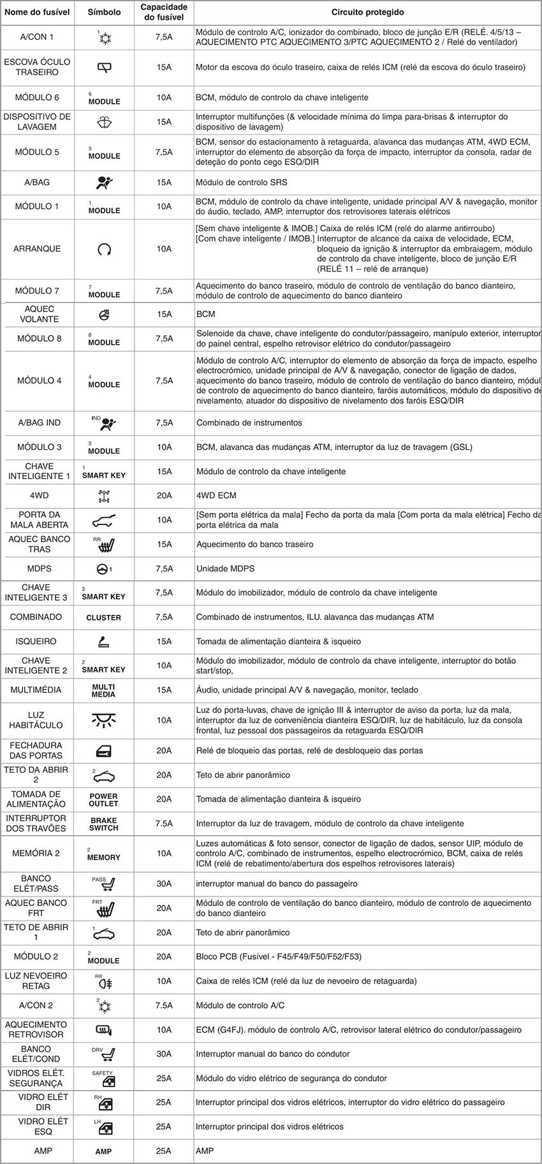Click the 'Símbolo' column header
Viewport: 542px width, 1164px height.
tap(104, 12)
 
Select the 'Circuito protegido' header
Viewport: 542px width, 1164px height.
tap(367, 12)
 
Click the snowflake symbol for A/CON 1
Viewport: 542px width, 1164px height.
tap(105, 38)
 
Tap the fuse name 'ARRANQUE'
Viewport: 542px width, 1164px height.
tap(37, 249)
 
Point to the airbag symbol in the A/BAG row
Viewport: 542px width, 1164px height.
tap(104, 183)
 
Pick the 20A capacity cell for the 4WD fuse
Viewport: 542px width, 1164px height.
tap(164, 496)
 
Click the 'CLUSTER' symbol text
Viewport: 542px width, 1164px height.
tap(103, 617)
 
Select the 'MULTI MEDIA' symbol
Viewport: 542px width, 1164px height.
tap(103, 690)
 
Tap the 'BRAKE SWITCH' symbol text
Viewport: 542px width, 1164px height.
tap(103, 824)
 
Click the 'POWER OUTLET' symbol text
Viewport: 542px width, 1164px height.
tap(103, 800)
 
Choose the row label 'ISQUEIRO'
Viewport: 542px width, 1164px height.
tap(36, 642)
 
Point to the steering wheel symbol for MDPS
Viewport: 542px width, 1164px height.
tap(103, 569)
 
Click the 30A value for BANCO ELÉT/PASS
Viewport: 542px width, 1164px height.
tap(164, 884)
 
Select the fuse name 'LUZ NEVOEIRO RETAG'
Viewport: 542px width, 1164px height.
tap(36, 981)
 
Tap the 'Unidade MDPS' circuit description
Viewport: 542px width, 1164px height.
tap(222, 569)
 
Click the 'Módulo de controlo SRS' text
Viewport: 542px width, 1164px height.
tap(241, 183)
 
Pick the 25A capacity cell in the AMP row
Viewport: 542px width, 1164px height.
tap(164, 1151)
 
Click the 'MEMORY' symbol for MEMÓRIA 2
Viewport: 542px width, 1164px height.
tap(103, 857)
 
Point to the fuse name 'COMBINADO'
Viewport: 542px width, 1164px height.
tap(36, 617)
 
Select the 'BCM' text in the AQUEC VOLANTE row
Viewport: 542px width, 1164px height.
tap(205, 314)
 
